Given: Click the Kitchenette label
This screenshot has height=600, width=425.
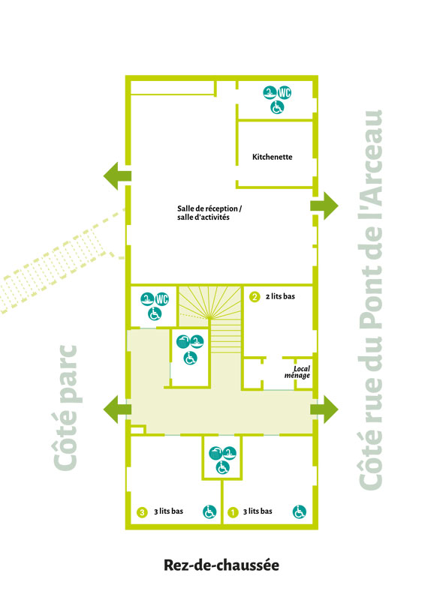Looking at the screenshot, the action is (272, 157).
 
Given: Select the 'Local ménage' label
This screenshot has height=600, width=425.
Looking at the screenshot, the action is (297, 372).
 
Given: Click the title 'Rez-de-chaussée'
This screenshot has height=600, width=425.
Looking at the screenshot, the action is (222, 565).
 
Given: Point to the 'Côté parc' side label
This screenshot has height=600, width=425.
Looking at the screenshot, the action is (65, 408).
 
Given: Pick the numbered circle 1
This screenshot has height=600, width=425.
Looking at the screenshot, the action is (233, 512).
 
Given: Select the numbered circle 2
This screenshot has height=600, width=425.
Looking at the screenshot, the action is (255, 296).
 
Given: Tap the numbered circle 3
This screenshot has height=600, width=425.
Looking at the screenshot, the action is (142, 512).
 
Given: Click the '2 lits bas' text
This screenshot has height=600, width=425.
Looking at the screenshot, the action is (281, 296).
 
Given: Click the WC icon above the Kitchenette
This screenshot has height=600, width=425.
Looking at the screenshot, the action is (285, 92).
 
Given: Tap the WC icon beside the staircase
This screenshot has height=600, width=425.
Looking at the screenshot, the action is (162, 298).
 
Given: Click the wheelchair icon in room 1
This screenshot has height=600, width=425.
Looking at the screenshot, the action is (300, 511).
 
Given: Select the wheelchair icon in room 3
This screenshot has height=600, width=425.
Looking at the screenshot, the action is (209, 511).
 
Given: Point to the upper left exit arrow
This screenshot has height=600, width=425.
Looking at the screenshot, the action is (117, 176).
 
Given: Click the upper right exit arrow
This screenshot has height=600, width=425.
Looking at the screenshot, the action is (324, 205).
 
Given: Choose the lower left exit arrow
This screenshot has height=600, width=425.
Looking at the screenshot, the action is (117, 409).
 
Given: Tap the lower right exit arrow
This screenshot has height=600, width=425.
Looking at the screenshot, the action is (324, 409).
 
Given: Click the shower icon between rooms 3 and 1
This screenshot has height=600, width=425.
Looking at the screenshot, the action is (216, 454).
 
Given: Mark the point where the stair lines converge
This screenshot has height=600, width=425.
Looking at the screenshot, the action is (209, 316).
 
